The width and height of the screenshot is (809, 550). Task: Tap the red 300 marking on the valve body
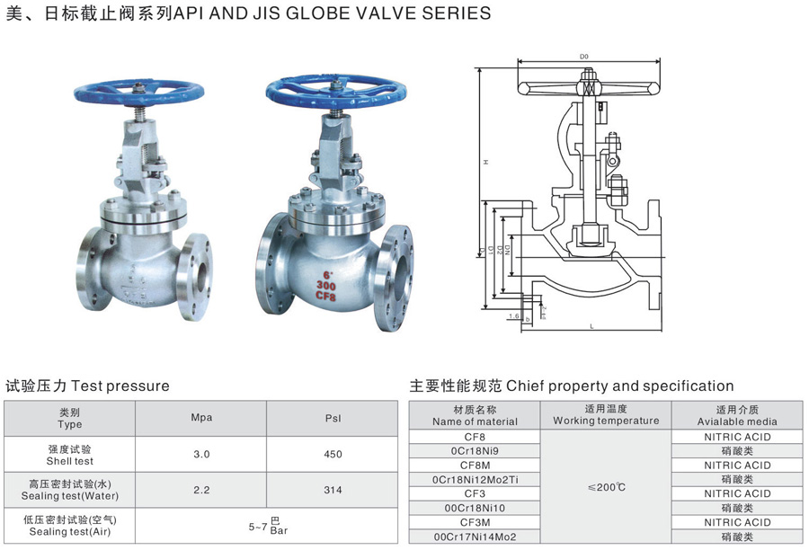coord(327,284)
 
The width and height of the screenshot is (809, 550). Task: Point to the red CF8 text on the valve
coord(326,296)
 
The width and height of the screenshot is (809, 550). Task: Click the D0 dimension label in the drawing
coord(584,57)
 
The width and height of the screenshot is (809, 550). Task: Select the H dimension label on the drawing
coord(485,162)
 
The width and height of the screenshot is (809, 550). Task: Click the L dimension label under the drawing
coord(592,326)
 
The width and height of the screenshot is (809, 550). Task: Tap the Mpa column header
coord(201,418)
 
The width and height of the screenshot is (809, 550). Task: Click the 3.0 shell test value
coord(201,454)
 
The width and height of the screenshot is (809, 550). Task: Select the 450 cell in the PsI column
coord(333,454)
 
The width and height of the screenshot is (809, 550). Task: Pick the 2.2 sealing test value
coord(201,490)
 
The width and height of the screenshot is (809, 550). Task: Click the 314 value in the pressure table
coord(333,490)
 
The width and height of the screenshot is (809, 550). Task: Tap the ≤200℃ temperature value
coord(606,486)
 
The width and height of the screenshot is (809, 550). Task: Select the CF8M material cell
coord(475,466)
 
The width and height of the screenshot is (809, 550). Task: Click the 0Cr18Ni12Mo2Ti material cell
coord(475,480)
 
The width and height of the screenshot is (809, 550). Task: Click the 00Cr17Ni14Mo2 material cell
coord(475,537)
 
